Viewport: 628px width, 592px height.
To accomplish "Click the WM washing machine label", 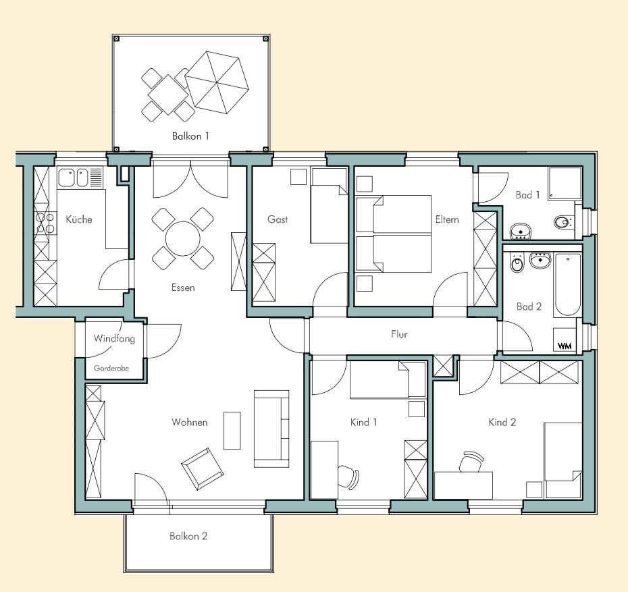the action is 565,346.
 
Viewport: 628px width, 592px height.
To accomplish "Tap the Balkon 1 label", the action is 190,136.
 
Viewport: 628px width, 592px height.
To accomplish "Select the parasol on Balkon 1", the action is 217,82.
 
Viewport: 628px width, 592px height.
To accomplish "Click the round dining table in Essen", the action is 182,238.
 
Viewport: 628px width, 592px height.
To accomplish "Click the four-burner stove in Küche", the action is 45,223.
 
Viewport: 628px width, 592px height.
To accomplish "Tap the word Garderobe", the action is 111,369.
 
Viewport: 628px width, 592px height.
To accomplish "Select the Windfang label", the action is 114,339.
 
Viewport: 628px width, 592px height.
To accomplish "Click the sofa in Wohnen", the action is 271,429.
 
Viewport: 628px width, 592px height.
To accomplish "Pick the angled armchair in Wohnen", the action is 203,468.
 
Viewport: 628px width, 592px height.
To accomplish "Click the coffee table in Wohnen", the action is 232,431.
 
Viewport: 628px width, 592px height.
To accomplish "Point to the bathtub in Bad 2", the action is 567,285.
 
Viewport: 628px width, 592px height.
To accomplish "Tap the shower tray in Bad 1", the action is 565,184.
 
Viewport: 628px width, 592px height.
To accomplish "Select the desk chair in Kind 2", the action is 471,462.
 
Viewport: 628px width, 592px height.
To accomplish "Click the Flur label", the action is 399,334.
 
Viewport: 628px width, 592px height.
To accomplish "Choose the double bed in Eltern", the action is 394,234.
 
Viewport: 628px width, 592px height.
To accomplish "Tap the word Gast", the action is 278,219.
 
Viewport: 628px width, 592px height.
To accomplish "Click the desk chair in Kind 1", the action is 348,477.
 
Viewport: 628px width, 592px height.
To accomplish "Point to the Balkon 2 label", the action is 188,536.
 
